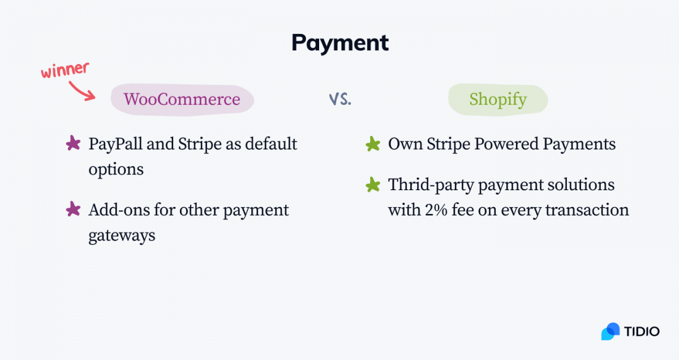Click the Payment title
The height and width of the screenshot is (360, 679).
coord(340,43)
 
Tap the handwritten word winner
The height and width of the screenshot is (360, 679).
coord(65,70)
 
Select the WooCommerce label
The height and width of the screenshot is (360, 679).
coord(182,99)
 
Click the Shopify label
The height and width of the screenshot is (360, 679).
coord(498,100)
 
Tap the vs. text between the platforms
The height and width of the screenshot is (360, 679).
coord(340,99)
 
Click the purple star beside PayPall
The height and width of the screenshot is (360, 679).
coord(73,143)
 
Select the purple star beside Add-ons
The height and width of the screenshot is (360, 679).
coord(73,209)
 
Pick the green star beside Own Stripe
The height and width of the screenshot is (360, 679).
coord(373,144)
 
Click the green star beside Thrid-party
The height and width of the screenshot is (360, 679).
coord(373,185)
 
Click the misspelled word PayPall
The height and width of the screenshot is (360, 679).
coord(115,144)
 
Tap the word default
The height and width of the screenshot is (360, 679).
coord(271,144)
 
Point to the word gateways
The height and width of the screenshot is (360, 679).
coord(122,235)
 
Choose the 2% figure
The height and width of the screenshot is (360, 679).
coord(436,210)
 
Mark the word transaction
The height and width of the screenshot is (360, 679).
coord(587,210)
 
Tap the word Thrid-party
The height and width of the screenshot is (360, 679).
coord(431,185)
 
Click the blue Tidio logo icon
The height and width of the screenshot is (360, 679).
coord(611,331)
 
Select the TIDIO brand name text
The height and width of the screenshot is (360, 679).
coord(642,332)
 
